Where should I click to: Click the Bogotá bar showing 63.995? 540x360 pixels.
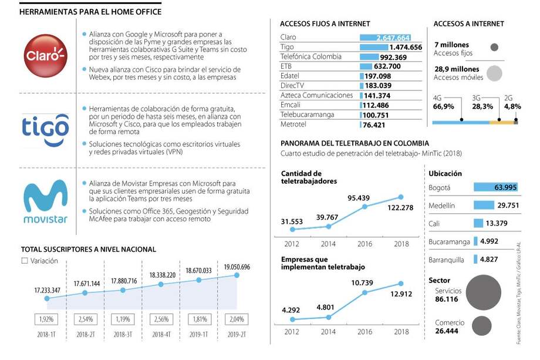pyautogui.click(x=497, y=187)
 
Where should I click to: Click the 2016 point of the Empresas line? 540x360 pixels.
pyautogui.click(x=365, y=292)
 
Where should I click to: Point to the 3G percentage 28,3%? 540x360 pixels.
pyautogui.click(x=482, y=106)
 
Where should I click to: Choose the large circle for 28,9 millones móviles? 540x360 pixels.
pyautogui.click(x=494, y=73)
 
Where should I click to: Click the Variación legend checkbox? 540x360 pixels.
pyautogui.click(x=24, y=261)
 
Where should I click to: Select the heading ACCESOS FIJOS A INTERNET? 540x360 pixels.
pyautogui.click(x=325, y=24)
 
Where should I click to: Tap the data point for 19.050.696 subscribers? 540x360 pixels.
pyautogui.click(x=237, y=275)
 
